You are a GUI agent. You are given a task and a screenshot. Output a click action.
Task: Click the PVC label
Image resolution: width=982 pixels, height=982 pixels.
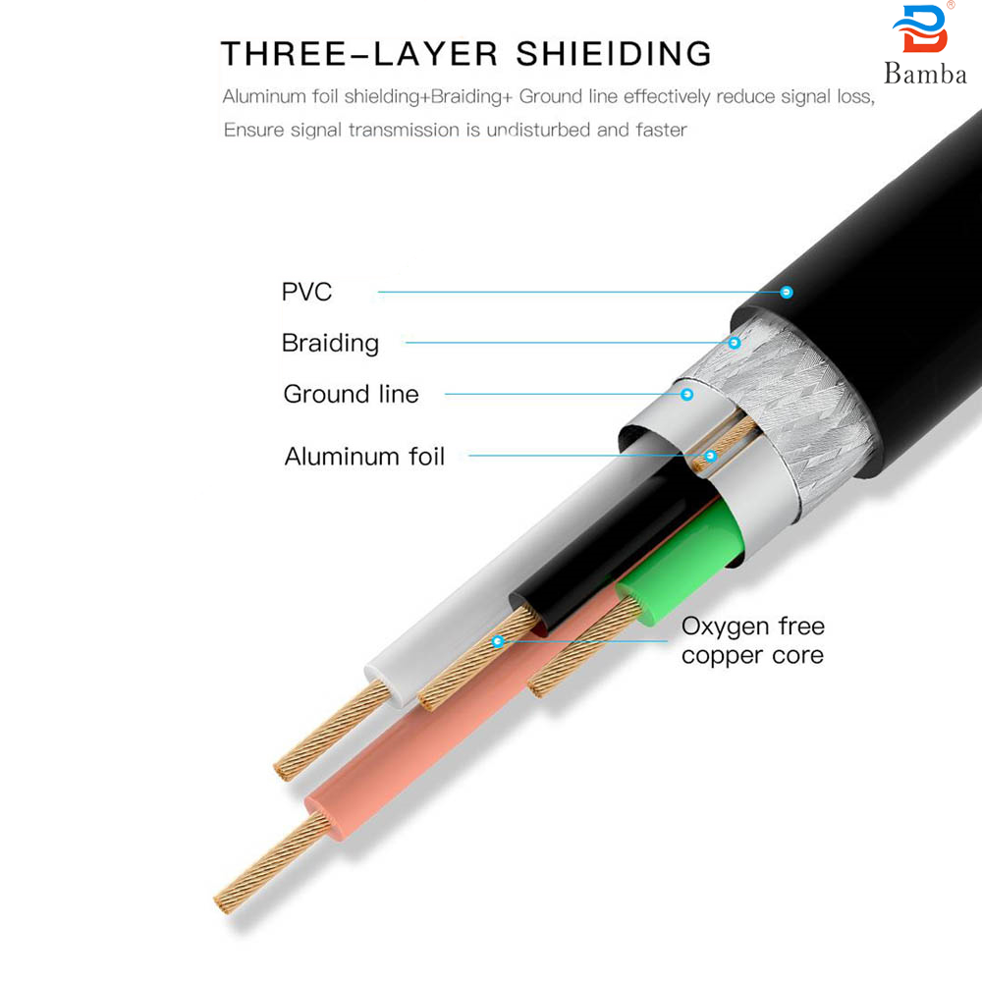(x=306, y=292)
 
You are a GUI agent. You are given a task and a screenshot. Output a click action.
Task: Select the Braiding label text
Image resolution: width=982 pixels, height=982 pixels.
(x=330, y=343)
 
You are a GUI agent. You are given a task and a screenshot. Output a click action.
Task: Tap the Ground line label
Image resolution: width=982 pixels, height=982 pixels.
(x=351, y=394)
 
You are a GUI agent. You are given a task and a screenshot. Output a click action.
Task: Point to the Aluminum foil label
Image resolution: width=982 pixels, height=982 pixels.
(x=364, y=456)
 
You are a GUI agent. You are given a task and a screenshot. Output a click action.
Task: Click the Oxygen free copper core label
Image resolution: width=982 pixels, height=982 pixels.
(x=752, y=640)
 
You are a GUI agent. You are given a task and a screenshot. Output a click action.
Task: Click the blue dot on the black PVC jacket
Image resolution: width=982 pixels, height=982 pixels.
(x=786, y=292)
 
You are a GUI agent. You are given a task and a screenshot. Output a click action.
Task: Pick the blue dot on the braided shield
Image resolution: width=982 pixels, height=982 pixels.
(x=734, y=343)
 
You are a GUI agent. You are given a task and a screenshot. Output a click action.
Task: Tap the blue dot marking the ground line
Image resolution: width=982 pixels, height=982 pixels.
(x=687, y=394)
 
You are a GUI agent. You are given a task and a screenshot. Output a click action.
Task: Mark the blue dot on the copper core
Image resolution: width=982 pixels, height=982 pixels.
(x=498, y=641)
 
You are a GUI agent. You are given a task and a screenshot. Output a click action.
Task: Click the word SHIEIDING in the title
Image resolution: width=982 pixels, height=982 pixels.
(x=615, y=53)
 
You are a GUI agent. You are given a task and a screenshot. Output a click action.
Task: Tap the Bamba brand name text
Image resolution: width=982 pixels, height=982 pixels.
(x=925, y=74)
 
